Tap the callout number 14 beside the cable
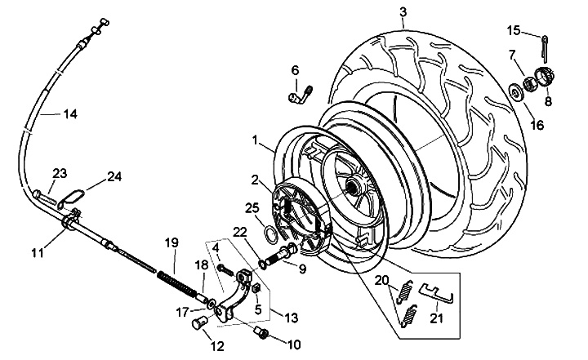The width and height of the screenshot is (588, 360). coord(69,114)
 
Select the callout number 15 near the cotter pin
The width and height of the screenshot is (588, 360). coord(513,30)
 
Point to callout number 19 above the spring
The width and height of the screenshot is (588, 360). coord(171,242)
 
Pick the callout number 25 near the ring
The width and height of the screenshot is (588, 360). coord(252,207)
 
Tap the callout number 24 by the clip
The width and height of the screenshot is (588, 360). coord(114,176)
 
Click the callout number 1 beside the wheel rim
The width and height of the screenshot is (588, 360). coord(258,140)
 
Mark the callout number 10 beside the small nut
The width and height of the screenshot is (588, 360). coord(294,344)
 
